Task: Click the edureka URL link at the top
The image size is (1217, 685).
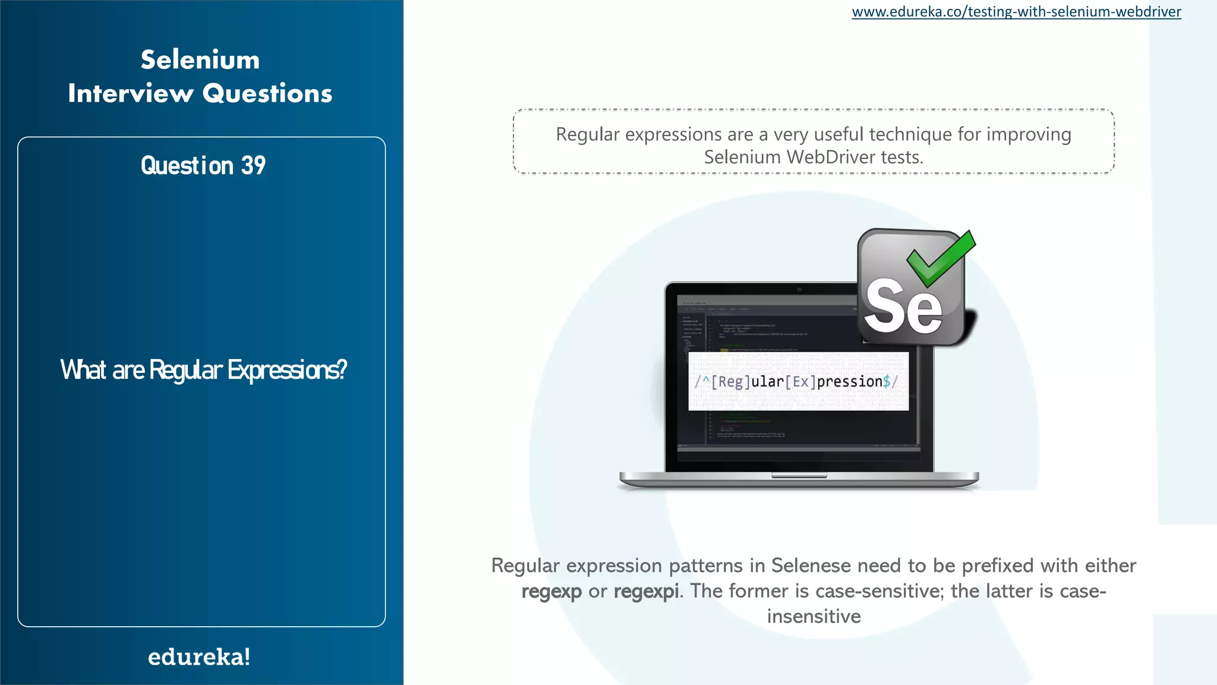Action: click(x=1016, y=12)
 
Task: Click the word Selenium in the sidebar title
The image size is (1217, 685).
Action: click(x=200, y=60)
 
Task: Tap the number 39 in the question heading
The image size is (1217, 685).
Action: click(x=253, y=165)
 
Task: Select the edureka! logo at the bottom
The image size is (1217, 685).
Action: click(x=199, y=657)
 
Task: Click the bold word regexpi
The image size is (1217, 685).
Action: click(x=646, y=591)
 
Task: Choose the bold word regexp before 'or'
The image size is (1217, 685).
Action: click(x=551, y=591)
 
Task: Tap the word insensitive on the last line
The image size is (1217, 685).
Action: click(x=814, y=617)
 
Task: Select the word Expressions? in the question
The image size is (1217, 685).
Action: click(x=288, y=370)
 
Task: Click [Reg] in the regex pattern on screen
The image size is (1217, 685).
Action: click(x=731, y=381)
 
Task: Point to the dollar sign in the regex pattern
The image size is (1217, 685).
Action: click(x=887, y=381)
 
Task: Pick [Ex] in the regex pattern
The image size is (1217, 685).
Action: click(x=800, y=381)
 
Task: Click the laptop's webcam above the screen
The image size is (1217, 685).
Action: click(x=799, y=290)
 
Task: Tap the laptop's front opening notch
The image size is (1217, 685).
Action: click(x=799, y=476)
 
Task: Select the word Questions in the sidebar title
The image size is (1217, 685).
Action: click(x=267, y=93)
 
